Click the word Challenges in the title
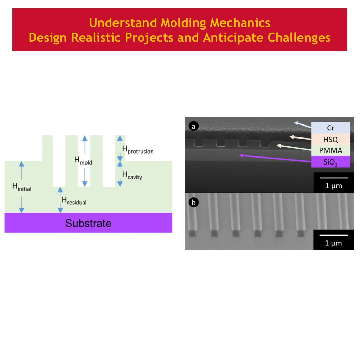point(299,37)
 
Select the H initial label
point(22,187)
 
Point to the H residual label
point(74,200)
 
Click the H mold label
point(83,160)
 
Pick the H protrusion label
point(138,149)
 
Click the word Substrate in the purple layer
point(88,223)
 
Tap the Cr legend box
point(330,128)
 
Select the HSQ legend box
point(330,139)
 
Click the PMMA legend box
point(330,150)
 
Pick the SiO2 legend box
point(330,162)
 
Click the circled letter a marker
point(194,126)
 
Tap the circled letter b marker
point(194,202)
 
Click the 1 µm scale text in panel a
point(334,186)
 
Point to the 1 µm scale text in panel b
point(333,243)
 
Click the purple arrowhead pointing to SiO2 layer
point(241,155)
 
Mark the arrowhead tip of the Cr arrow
point(294,122)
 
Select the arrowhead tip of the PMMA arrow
point(277,145)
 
